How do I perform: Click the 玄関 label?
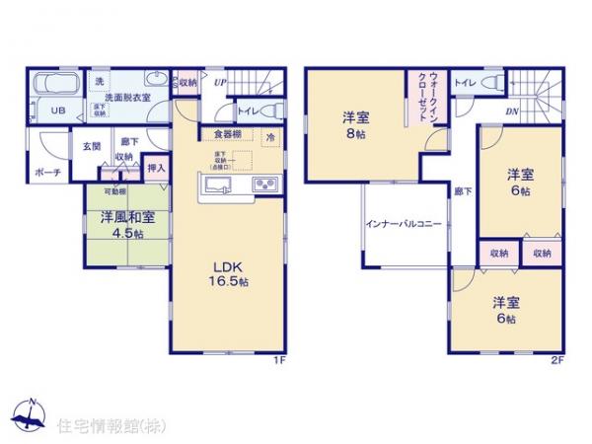92,146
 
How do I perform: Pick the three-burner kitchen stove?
265,185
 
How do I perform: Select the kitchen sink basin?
217,185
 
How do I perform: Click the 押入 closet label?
156,170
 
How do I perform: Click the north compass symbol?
30,417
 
